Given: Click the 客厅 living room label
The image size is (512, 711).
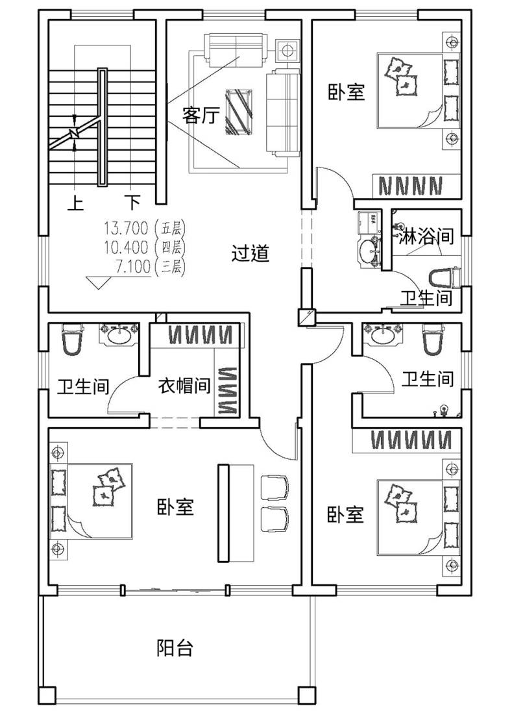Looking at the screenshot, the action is pos(201,115).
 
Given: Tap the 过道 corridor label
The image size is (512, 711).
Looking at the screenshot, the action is pos(250,253).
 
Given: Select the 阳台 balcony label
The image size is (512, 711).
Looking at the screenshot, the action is pos(175,648).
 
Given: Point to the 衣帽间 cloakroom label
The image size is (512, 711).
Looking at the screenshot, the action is pos(184,386).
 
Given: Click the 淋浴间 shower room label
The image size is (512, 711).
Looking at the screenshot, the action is pos(426,236).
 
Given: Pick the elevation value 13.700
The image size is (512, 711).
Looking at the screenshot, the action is pos(127,226).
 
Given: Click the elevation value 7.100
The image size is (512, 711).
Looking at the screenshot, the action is pos(132,267).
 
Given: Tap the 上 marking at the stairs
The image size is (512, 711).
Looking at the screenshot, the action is pos(76,203).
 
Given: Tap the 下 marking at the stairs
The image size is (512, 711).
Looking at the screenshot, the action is pos(132,202).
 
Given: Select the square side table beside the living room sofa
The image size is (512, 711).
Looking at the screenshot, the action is pos(287,49).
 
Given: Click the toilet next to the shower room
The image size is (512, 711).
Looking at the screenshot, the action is pos(444,277).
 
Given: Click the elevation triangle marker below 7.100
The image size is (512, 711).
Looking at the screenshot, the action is pos(99,282).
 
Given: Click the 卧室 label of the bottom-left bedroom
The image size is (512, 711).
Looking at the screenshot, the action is pos(175,506).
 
